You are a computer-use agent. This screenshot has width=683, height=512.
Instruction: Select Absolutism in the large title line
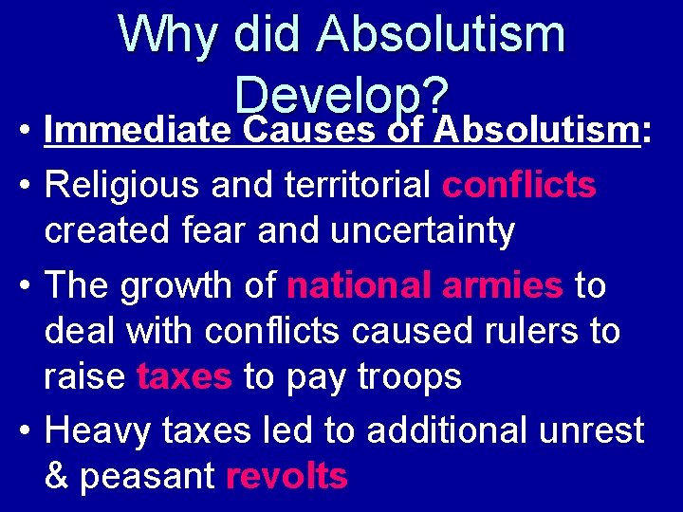tap(441, 36)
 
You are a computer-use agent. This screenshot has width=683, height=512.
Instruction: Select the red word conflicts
tap(519, 185)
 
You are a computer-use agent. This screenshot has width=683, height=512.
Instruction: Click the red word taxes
tap(184, 377)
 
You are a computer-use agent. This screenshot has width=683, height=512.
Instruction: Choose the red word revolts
tap(286, 476)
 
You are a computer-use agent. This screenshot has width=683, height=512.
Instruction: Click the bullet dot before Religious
tap(22, 186)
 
